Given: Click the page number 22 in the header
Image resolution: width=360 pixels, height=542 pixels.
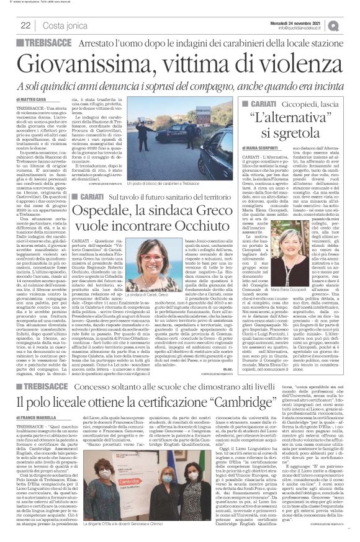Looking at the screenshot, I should (27, 25).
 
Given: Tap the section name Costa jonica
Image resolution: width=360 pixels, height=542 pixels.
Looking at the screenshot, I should (61, 25).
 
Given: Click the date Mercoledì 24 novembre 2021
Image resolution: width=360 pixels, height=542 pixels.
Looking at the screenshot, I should (310, 22).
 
